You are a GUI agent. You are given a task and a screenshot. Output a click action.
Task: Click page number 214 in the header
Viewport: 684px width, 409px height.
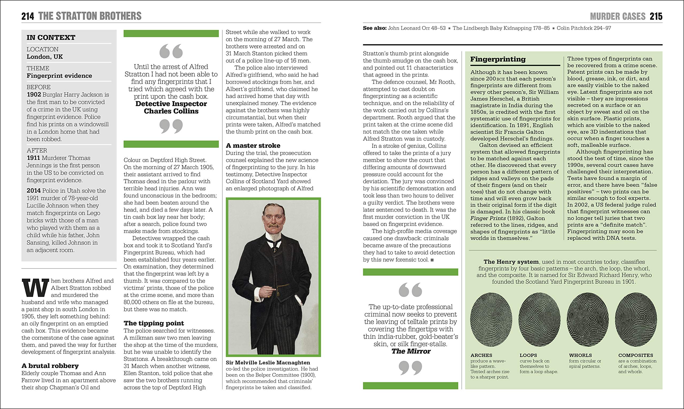28,16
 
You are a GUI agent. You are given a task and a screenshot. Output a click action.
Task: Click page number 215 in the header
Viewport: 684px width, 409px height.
656,17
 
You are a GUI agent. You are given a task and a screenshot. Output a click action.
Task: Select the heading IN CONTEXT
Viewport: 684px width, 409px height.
51,37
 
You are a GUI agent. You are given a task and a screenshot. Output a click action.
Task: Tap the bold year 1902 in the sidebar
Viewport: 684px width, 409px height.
34,95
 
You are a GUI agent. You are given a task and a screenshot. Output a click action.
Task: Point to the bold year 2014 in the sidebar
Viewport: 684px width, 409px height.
34,191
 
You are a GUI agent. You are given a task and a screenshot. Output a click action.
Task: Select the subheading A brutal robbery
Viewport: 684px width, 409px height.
50,366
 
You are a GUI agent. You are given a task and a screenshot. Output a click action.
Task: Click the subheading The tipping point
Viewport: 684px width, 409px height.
154,323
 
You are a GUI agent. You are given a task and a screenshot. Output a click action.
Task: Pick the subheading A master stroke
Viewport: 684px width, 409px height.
253,146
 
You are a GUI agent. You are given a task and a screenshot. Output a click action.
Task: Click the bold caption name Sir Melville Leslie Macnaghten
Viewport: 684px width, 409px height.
268,363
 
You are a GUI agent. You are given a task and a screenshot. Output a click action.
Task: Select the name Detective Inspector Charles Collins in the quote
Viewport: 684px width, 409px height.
171,107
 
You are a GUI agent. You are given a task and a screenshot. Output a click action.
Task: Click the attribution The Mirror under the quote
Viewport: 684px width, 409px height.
411,351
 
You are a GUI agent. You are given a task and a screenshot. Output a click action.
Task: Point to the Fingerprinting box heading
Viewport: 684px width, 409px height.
498,59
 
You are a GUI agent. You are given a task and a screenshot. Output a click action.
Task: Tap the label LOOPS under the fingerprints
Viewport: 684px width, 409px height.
528,356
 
